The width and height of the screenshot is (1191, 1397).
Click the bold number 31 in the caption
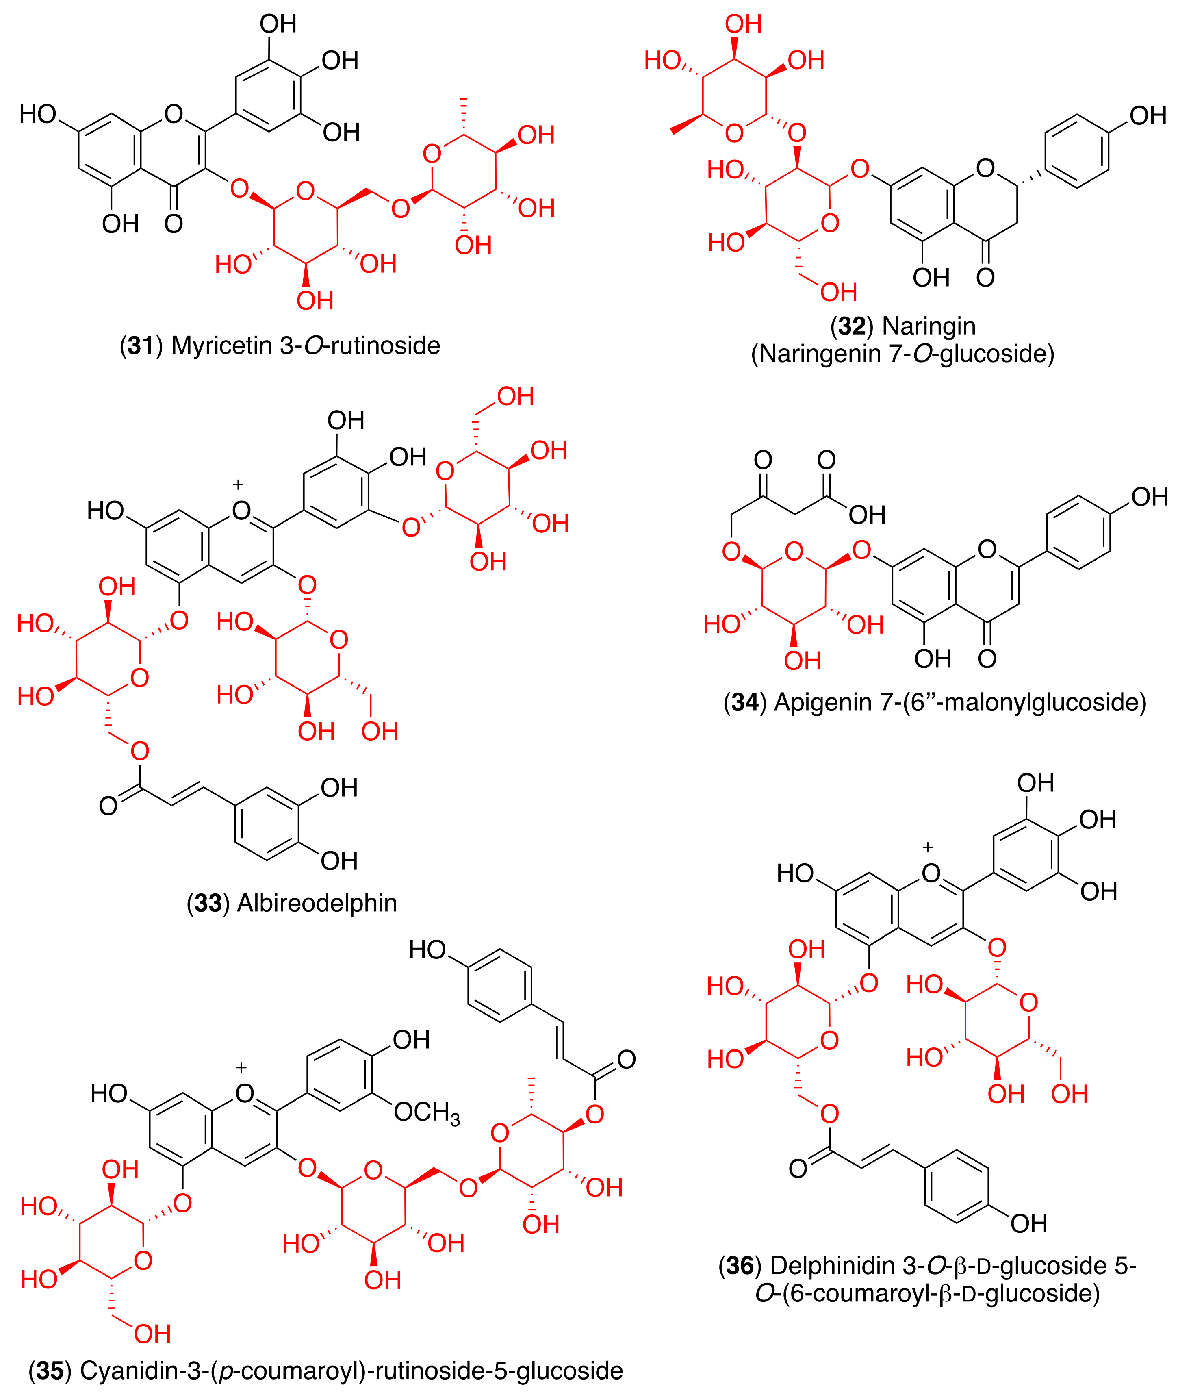click(x=141, y=346)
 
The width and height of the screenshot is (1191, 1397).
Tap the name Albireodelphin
click(x=317, y=903)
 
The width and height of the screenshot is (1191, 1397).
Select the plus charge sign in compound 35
click(x=241, y=1067)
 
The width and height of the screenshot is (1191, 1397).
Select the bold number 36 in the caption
click(x=740, y=1266)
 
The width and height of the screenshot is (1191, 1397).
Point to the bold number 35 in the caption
click(x=50, y=1371)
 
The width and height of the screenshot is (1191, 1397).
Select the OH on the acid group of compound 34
click(x=867, y=515)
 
